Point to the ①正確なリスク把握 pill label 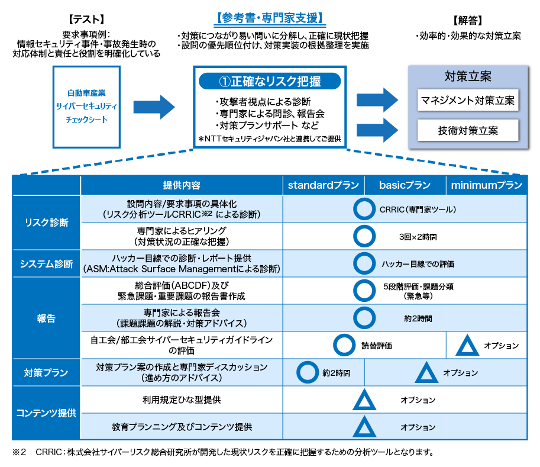pos(270,81)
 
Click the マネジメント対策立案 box pos(467,100)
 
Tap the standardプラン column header pos(323,185)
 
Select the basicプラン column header pos(405,185)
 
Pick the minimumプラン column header pos(486,185)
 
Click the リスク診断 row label pos(46,223)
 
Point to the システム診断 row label pos(46,264)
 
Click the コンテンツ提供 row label pos(46,413)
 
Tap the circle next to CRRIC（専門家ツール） pos(364,209)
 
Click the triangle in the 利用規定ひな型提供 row pos(364,401)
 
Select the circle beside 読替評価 pos(344,346)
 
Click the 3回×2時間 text pos(418,237)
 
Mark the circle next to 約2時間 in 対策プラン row pos(307,373)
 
